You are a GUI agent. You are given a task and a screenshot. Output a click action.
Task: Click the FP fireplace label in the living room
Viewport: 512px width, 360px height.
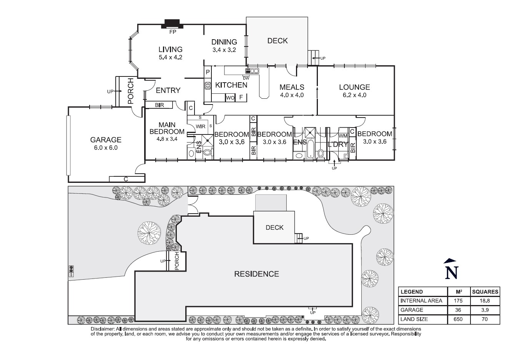click(173, 32)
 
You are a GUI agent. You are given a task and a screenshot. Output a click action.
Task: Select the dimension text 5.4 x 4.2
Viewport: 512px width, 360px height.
click(170, 57)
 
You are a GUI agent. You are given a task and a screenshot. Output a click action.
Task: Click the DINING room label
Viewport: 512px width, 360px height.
click(224, 42)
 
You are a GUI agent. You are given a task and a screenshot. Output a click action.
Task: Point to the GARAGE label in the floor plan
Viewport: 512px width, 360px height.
click(106, 140)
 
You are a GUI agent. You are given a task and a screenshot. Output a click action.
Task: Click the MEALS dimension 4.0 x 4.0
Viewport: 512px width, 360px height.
click(292, 95)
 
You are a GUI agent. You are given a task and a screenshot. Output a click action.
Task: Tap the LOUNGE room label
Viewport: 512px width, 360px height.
click(354, 87)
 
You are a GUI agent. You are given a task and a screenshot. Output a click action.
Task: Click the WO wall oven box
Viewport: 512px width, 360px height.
click(230, 98)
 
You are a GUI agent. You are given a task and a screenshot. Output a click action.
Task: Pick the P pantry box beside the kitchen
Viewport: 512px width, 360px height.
click(208, 72)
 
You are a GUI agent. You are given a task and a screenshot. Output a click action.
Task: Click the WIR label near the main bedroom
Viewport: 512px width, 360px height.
click(200, 126)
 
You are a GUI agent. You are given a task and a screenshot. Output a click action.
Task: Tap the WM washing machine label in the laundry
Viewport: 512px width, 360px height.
click(343, 136)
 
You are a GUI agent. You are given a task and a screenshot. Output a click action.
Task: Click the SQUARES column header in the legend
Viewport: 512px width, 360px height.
click(485, 292)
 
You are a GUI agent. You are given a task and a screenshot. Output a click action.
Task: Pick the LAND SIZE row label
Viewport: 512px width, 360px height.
click(414, 319)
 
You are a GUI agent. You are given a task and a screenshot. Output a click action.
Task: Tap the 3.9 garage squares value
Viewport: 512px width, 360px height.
click(485, 310)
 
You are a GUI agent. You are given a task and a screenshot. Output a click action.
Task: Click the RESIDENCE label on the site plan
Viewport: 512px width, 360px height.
click(256, 274)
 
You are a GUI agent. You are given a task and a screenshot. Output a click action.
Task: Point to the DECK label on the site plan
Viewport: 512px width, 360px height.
click(274, 227)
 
